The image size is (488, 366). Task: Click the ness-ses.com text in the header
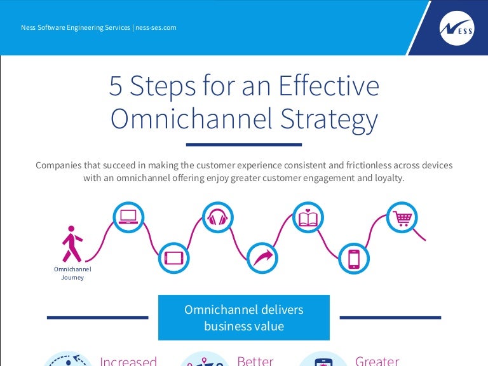[x=156, y=27]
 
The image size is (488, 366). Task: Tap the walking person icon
[x=71, y=243]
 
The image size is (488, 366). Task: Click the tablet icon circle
[x=173, y=258]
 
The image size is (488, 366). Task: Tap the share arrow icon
[x=262, y=258]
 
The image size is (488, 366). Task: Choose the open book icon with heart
[x=308, y=217]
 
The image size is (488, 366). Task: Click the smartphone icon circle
[x=354, y=258]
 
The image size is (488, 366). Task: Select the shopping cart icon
[x=402, y=217]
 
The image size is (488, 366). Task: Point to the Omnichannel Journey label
[x=72, y=273]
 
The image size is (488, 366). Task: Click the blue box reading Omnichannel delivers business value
[x=243, y=318]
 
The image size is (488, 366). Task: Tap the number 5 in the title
[x=115, y=86]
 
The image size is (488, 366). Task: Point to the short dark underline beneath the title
[x=243, y=144]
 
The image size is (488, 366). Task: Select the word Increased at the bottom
[x=128, y=361]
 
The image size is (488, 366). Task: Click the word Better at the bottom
[x=255, y=361]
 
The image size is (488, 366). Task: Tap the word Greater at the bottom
[x=377, y=361]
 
